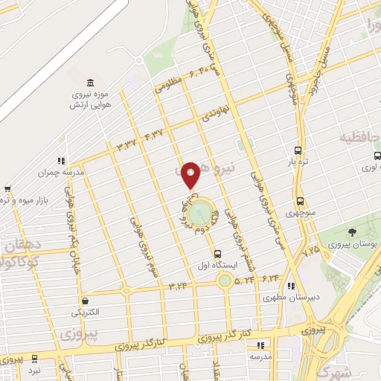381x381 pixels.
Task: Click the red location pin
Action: pos(191,174)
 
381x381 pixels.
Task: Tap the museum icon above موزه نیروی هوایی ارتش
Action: pos(91,82)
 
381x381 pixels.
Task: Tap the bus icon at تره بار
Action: pos(298,148)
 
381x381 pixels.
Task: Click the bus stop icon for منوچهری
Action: pos(301,202)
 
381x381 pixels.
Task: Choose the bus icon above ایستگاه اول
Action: pos(217,254)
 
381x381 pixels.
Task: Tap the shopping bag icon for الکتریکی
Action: pos(85,300)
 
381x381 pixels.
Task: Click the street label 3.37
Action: pos(126,144)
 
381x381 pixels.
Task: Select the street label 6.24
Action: pos(268,278)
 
